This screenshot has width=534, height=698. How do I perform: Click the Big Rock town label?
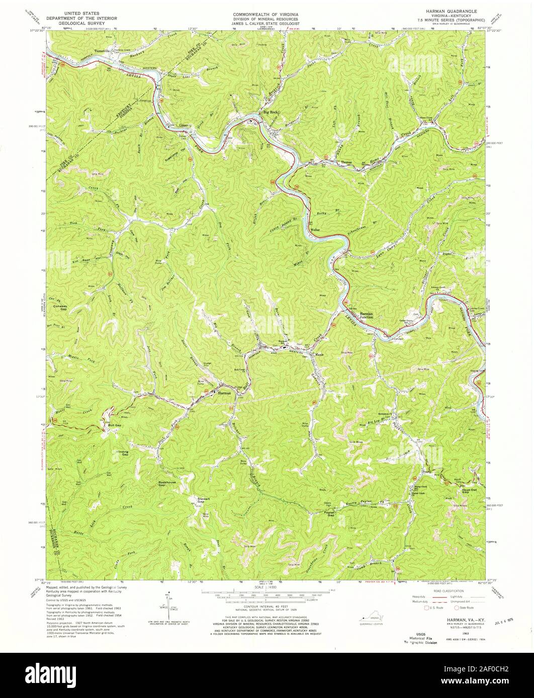click(268, 112)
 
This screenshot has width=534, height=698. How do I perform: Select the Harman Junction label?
click(366, 315)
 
